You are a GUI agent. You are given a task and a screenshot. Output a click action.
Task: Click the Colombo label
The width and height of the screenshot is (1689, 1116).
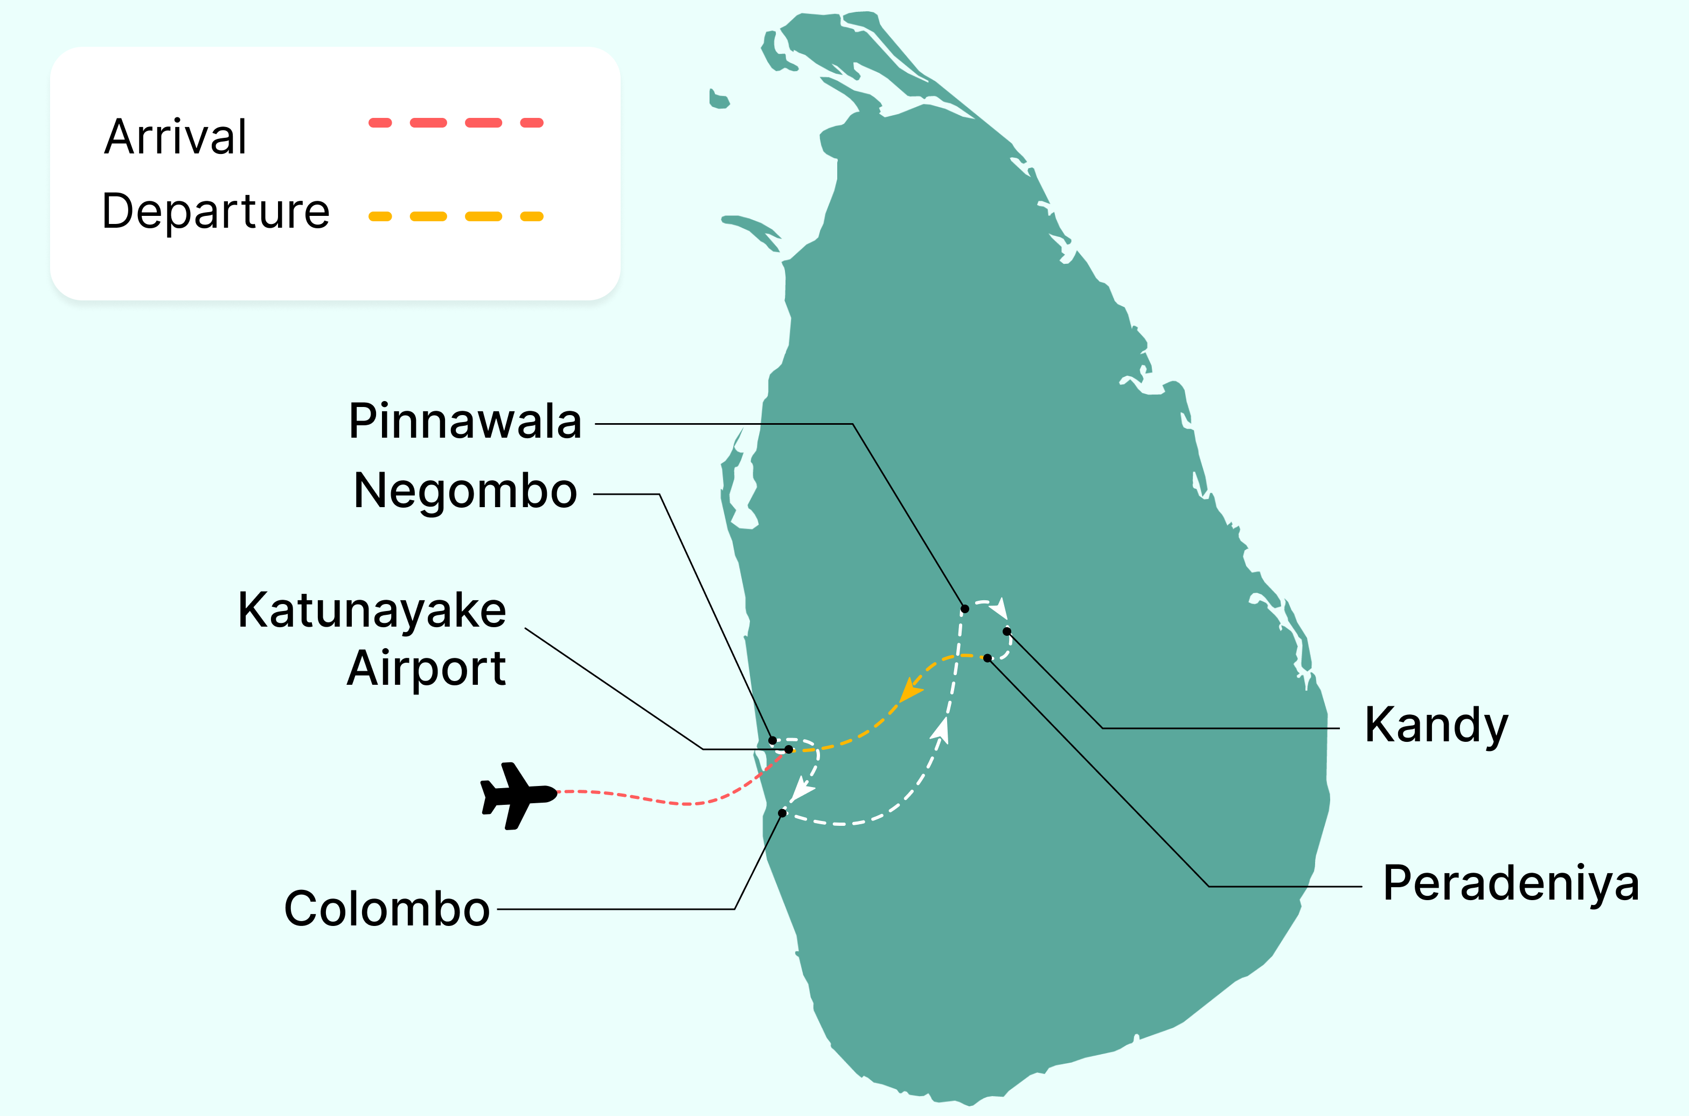[387, 909]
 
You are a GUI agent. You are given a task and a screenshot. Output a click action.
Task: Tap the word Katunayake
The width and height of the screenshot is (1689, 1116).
[372, 610]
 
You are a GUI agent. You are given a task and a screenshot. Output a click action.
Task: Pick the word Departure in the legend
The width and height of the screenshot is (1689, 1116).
[216, 212]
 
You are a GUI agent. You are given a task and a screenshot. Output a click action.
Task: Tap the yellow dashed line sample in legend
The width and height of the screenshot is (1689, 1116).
[456, 216]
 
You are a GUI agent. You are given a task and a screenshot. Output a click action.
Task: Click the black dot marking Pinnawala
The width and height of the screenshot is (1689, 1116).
[965, 608]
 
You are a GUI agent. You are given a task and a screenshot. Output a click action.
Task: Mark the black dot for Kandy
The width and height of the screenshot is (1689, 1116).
[1007, 631]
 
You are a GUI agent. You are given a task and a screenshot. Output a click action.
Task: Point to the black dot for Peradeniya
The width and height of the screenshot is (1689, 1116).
[988, 658]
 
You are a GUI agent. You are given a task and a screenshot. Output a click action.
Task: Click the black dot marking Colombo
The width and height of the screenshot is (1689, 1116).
[782, 813]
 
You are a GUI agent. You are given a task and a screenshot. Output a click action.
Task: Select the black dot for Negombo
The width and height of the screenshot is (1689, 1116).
[773, 740]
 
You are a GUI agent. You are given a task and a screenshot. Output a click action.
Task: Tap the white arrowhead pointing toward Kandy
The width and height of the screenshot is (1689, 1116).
[1000, 608]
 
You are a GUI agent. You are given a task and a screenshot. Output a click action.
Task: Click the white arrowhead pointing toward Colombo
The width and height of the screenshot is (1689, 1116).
[803, 790]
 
